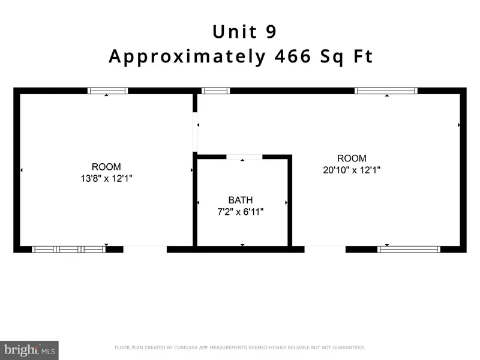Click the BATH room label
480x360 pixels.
241,200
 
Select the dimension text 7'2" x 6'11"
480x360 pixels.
241,212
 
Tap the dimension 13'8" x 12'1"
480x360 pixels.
107,178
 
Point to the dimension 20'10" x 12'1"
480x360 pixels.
352,170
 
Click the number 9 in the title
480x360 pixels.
271,32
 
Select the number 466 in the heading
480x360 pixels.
293,56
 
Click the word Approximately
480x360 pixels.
187,57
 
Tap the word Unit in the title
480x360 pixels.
235,32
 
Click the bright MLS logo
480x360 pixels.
29,350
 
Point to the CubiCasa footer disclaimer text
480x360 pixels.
239,347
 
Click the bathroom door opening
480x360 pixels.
244,157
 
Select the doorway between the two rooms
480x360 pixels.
195,132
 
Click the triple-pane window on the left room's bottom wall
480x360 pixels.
68,249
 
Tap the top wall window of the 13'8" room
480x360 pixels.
108,91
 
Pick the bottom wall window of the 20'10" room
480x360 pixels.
409,249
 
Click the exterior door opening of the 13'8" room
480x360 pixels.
145,249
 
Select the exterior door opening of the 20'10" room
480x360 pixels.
325,249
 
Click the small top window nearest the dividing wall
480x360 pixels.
215,91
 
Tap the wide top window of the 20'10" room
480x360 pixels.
386,91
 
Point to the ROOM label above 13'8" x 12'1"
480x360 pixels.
106,167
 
